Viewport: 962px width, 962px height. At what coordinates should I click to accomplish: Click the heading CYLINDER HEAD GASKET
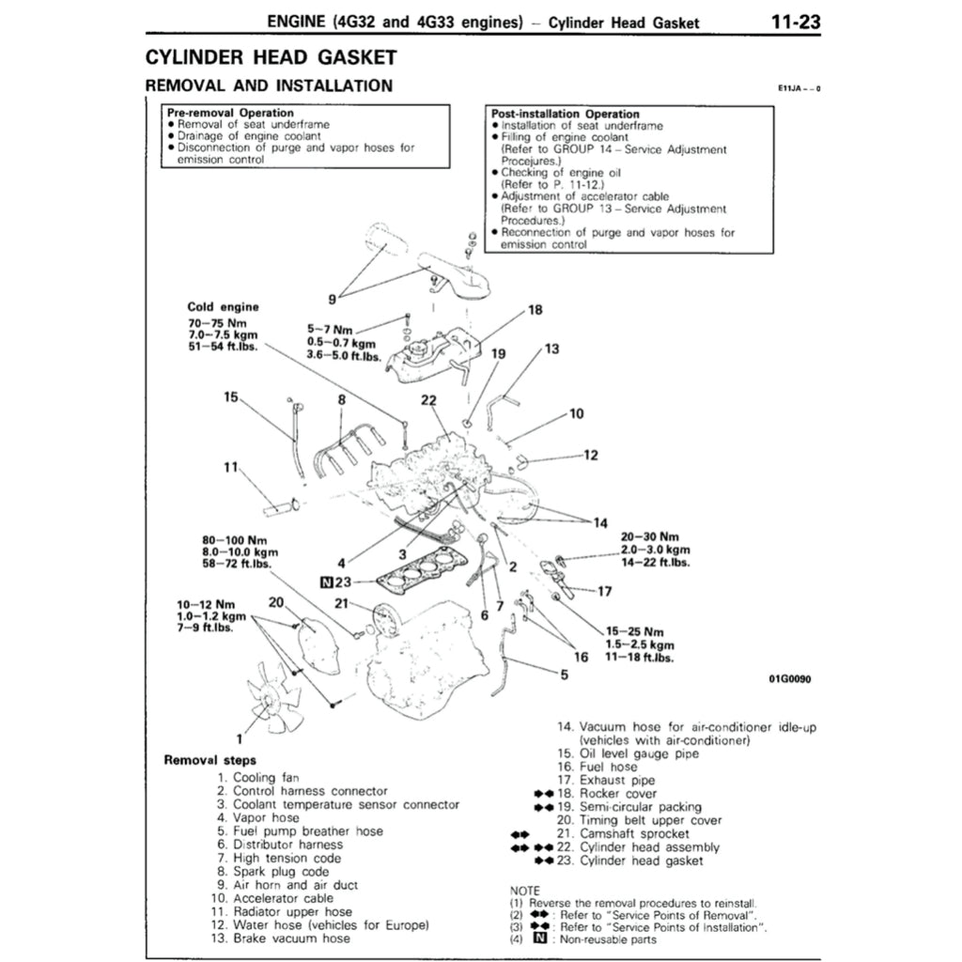270,57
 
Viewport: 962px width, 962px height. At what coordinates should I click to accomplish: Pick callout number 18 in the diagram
535,310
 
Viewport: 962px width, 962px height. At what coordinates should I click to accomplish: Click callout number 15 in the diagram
231,397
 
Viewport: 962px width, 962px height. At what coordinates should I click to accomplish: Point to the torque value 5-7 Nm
330,331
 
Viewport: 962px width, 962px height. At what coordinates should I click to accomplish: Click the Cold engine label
224,306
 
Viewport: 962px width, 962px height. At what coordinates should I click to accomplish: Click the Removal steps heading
209,760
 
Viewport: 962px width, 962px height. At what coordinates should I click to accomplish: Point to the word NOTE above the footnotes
524,890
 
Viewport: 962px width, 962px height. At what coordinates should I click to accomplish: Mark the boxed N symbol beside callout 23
326,581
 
